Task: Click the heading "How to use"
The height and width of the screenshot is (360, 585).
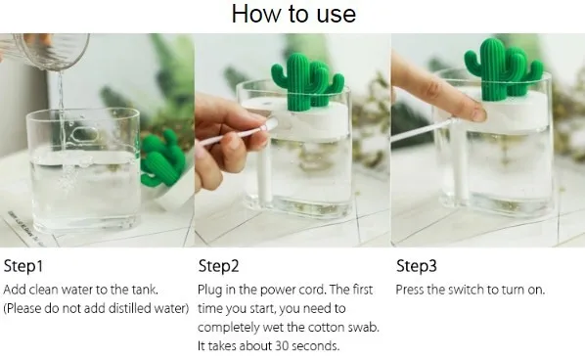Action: click(x=293, y=14)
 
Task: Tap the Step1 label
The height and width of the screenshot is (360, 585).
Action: click(x=23, y=266)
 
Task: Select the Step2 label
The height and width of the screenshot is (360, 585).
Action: click(x=218, y=266)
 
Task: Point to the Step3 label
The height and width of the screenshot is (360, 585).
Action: click(x=417, y=266)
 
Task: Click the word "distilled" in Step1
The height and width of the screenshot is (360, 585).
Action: click(x=126, y=308)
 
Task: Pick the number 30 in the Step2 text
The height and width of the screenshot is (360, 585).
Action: click(x=282, y=346)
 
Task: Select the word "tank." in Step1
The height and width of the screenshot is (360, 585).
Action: click(x=145, y=290)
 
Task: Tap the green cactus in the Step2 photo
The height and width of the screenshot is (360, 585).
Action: click(x=306, y=82)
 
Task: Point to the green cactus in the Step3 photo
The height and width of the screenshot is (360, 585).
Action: click(x=502, y=69)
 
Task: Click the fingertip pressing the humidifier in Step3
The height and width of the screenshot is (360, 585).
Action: click(x=476, y=112)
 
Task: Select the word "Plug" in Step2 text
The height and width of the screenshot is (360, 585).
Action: click(x=209, y=291)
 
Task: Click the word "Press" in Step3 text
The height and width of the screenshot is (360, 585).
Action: click(x=409, y=290)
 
